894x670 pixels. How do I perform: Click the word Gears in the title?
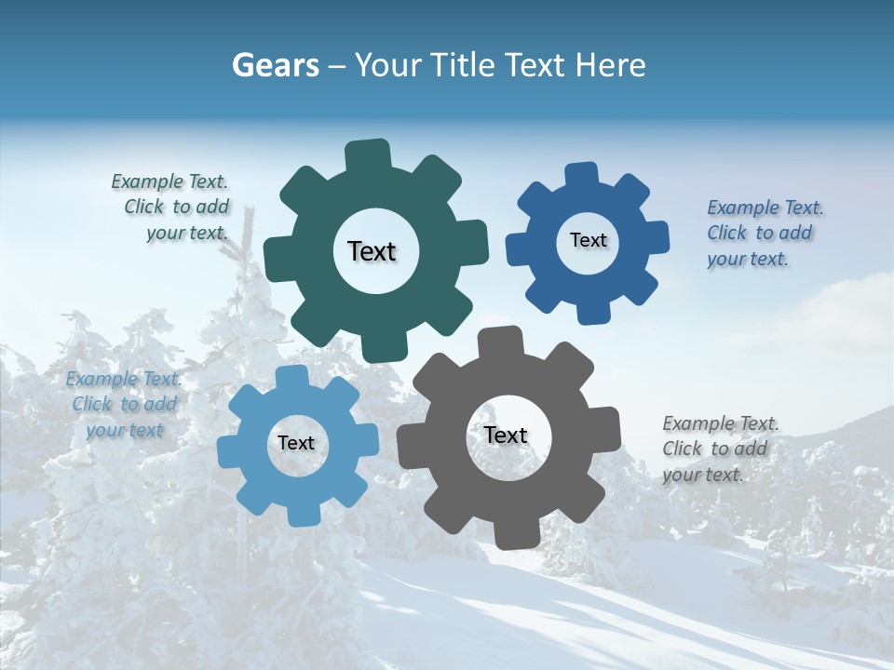[275, 65]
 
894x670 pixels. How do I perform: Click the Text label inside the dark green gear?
[372, 251]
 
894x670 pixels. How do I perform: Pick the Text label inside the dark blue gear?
[588, 240]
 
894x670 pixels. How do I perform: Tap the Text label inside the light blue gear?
[296, 444]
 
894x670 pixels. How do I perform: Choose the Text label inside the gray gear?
[506, 435]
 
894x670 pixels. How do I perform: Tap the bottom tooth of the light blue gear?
[300, 515]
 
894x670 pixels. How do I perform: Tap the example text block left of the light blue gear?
[124, 405]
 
